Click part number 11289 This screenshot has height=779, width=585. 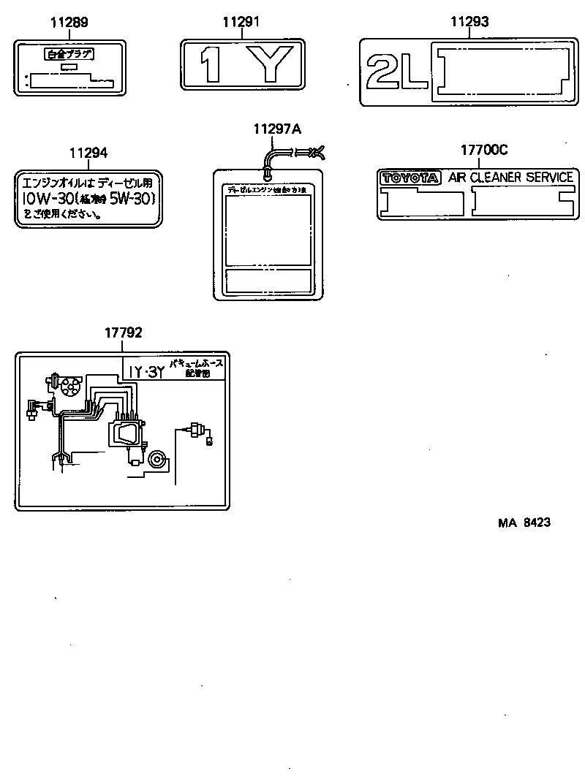click(x=69, y=23)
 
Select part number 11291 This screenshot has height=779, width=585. click(x=241, y=23)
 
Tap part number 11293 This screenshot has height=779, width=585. click(x=469, y=23)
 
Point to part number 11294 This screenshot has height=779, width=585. click(x=88, y=153)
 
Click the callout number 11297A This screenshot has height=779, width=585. click(x=277, y=129)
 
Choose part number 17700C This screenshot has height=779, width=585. click(x=483, y=151)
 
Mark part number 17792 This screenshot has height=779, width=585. click(x=123, y=332)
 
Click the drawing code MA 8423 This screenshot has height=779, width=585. click(x=524, y=522)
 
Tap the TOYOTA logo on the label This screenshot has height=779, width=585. click(x=409, y=178)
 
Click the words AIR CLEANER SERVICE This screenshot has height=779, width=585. click(x=510, y=178)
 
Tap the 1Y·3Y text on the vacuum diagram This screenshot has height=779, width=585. click(x=145, y=372)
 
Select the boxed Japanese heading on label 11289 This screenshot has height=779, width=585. click(x=69, y=55)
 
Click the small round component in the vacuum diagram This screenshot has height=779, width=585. click(x=156, y=460)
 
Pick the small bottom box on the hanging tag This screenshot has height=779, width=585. click(x=268, y=280)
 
